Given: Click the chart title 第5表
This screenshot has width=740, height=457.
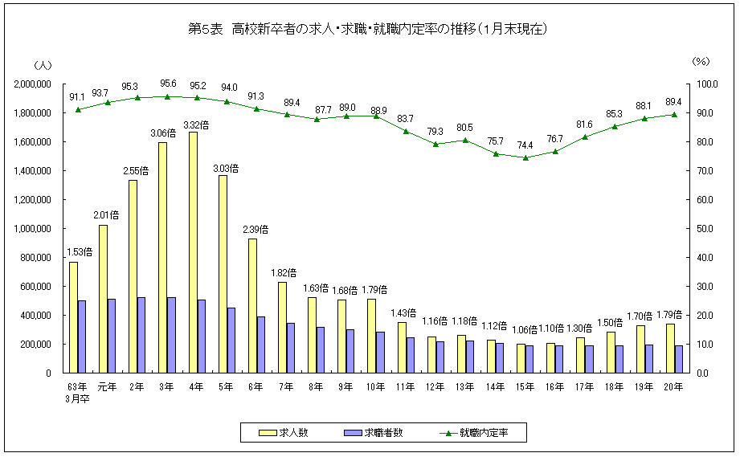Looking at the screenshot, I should (x=369, y=30).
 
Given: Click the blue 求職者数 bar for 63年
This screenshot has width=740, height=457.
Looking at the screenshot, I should (x=82, y=337).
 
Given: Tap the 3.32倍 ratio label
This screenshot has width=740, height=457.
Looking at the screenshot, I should (x=196, y=124).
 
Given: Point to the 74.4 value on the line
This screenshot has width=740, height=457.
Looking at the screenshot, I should (x=525, y=145).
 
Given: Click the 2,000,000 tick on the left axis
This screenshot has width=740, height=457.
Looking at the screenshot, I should (x=33, y=84).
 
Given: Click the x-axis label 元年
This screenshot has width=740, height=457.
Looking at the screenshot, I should (x=107, y=387).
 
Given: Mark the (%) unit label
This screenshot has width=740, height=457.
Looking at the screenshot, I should (x=701, y=63).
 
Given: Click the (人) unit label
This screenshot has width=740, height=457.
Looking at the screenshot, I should (x=43, y=63).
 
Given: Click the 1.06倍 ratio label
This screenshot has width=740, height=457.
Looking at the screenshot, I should (x=525, y=329).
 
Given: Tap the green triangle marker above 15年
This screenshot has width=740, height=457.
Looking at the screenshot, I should (x=525, y=157).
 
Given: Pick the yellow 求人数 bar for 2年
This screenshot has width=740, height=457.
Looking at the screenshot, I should (x=133, y=276).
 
